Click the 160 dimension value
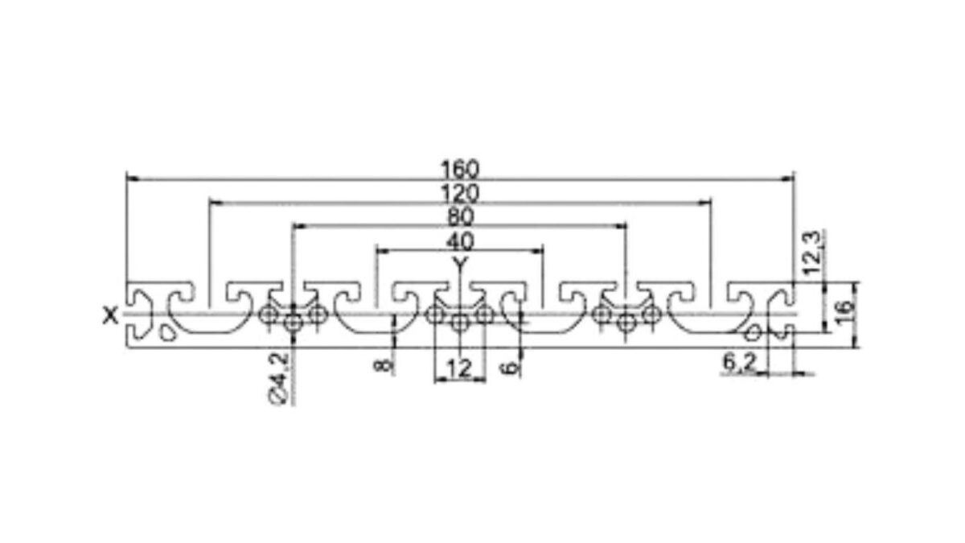(x=460, y=170)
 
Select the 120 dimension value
(x=460, y=194)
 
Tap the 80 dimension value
(x=461, y=217)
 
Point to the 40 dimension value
(x=460, y=241)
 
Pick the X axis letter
(x=111, y=316)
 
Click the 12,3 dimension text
(x=812, y=253)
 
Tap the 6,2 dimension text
(x=739, y=363)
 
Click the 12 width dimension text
(x=460, y=369)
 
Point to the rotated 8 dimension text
(x=384, y=365)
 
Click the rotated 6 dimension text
(x=510, y=368)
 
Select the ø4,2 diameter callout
(x=279, y=378)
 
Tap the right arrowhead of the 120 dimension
(x=705, y=202)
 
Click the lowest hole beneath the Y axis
(x=460, y=323)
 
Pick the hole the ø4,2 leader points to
(x=294, y=323)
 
